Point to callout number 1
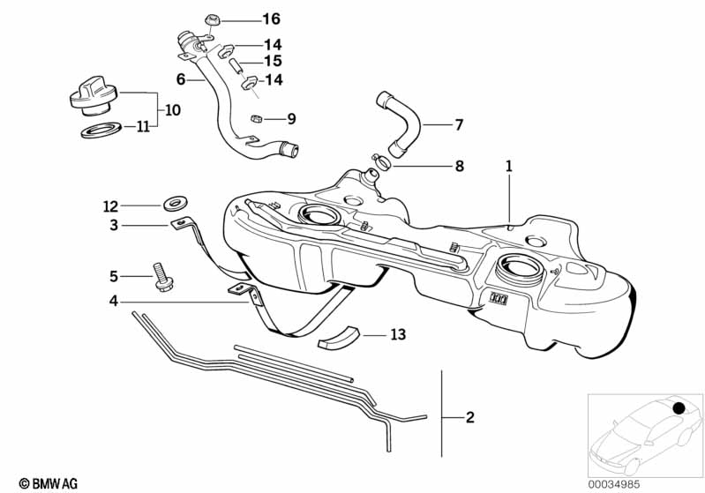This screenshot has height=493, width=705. [509, 165]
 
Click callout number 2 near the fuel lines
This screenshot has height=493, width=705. [469, 417]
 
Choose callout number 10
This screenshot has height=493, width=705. [171, 110]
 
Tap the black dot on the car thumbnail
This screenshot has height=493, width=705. [680, 408]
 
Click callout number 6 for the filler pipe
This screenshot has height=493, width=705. [181, 79]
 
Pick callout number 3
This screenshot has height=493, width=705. [114, 226]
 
